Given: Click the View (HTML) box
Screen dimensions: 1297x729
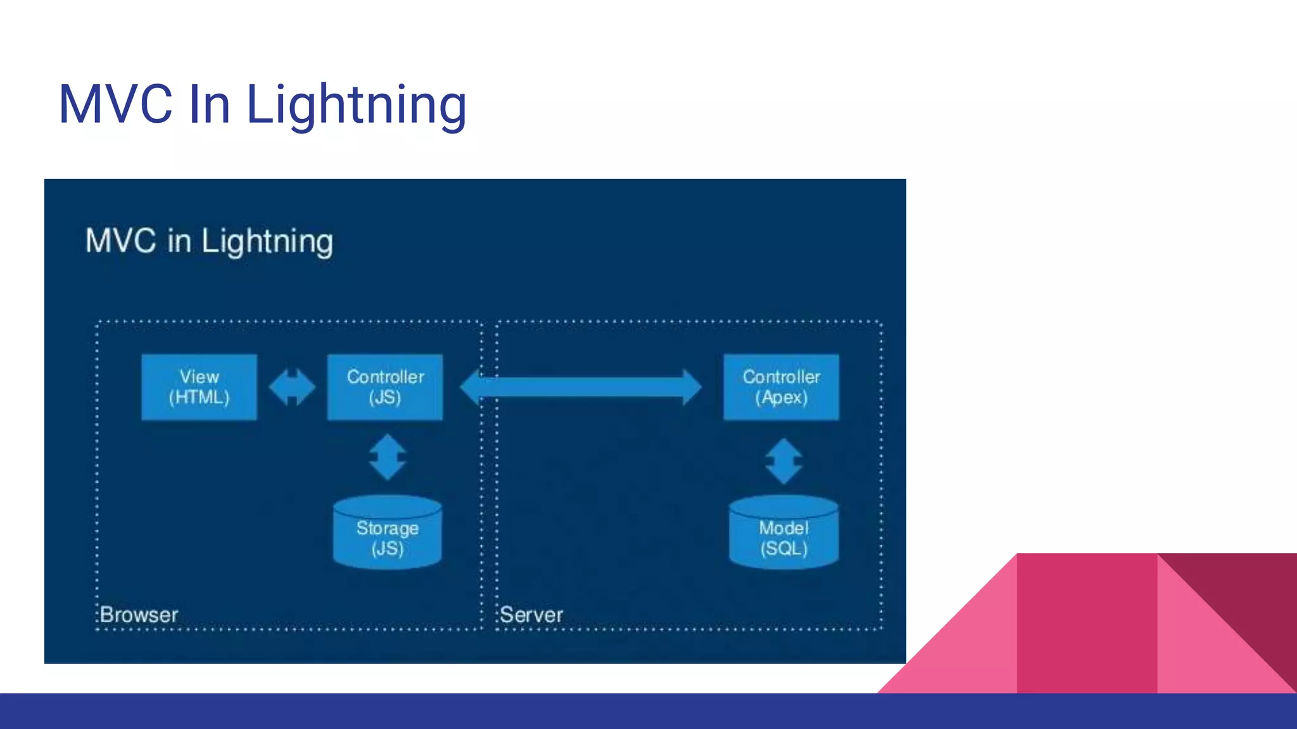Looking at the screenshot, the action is point(199,387).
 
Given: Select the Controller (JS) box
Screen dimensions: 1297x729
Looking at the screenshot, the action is point(385,387).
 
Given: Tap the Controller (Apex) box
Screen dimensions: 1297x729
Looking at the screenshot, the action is point(781,387).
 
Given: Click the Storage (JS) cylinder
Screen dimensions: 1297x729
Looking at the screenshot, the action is point(388,532).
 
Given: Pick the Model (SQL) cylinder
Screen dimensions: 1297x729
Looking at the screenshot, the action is point(784,532).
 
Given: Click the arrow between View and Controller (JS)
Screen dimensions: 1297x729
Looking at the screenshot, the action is point(292,387).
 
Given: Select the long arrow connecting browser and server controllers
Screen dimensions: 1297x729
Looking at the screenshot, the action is point(581,387).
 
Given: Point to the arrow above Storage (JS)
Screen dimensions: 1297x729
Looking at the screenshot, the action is point(388,457).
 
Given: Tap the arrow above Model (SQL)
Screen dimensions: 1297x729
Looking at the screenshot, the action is point(784,461).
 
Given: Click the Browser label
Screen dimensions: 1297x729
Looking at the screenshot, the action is point(139,614).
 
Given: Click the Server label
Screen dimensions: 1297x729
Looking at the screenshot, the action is point(531,614).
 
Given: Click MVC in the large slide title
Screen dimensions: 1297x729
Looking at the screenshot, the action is point(115,104).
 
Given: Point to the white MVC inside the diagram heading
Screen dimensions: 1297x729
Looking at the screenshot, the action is point(121,241).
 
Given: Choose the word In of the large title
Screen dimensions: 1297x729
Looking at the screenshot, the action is point(209,104).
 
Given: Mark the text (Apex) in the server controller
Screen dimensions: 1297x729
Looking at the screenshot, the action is point(781,397).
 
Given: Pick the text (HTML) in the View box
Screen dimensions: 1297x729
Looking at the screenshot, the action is point(199,397).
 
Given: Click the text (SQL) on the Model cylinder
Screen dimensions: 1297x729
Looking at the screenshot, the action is point(784,548).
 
